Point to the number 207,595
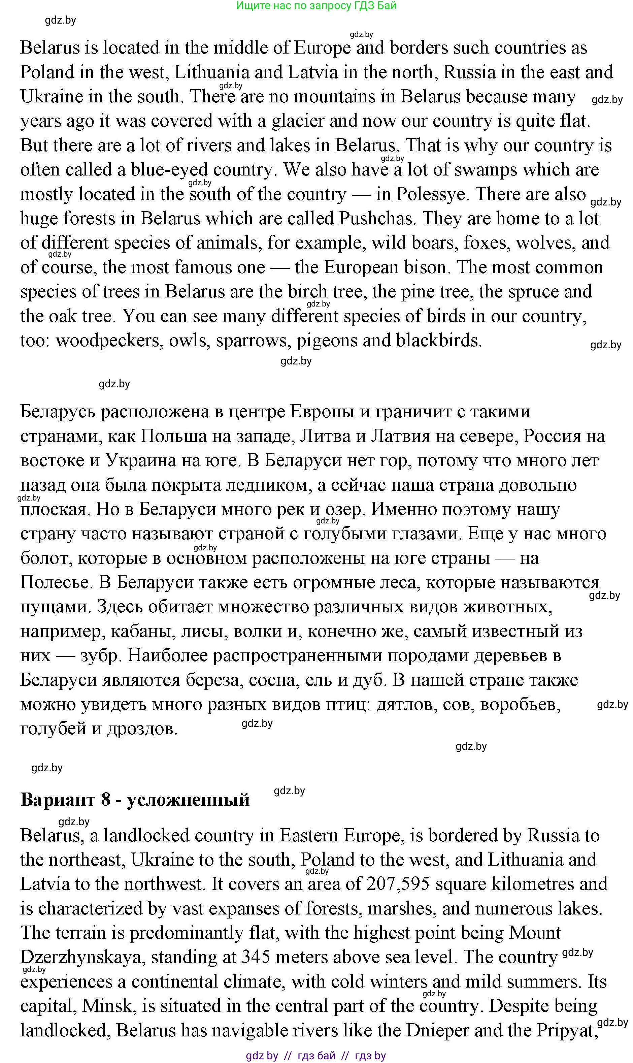[x=398, y=884]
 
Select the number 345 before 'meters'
[x=256, y=958]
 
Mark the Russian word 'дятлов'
[x=405, y=704]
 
